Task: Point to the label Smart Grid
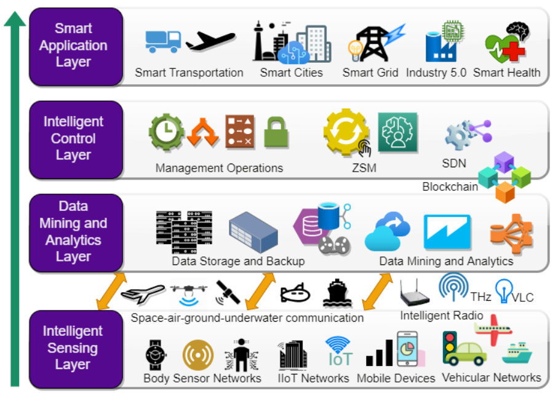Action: (x=370, y=73)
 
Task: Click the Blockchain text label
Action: (x=450, y=187)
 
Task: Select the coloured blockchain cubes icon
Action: (x=504, y=177)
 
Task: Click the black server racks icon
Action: (x=183, y=232)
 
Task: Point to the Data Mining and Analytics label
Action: (x=446, y=261)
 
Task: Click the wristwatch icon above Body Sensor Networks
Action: (x=154, y=355)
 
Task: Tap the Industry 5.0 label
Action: (x=436, y=73)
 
